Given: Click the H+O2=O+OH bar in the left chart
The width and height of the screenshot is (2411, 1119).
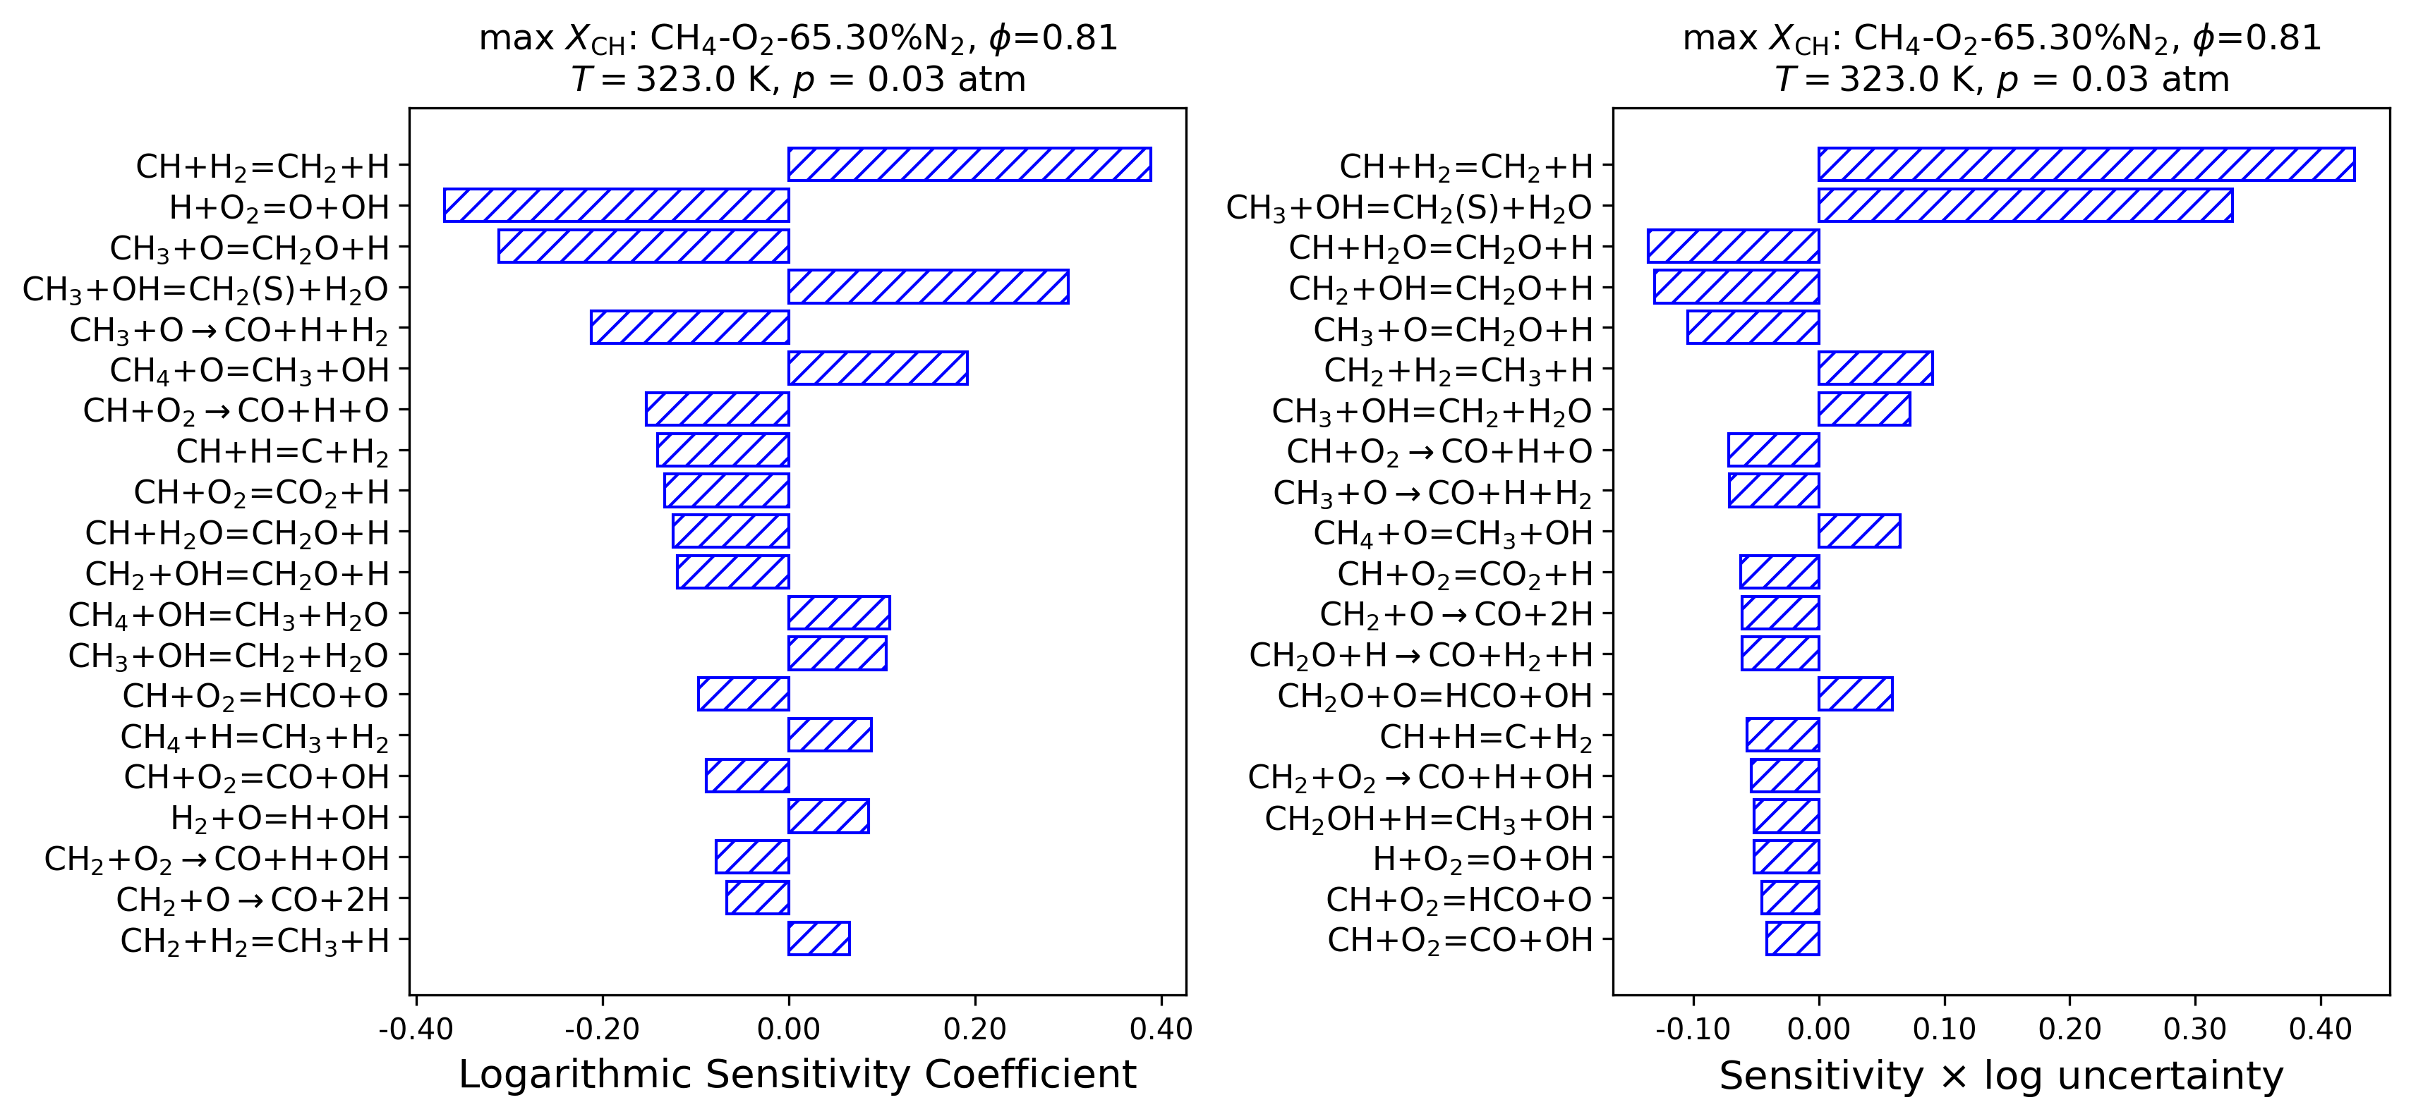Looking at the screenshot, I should click(616, 206).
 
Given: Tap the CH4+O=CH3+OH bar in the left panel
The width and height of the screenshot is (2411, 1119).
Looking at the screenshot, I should click(877, 369).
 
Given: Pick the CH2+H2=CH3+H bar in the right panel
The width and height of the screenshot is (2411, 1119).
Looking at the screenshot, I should click(1875, 369).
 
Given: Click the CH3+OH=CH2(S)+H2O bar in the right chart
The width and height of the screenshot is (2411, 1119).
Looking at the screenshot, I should click(2024, 206).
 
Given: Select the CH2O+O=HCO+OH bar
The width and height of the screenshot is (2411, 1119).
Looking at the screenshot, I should click(1855, 695).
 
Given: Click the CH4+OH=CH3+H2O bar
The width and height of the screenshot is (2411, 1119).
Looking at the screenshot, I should click(839, 613).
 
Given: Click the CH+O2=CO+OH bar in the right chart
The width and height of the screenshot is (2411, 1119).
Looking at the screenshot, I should click(1792, 938).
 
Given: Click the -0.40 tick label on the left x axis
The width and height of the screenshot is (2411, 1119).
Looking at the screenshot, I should click(416, 1029).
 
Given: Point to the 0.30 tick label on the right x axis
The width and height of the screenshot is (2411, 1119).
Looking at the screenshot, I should click(2195, 1029).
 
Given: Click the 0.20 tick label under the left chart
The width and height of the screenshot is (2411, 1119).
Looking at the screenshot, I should click(974, 1029).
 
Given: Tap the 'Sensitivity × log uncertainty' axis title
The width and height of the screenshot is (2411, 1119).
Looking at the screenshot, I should click(2001, 1076).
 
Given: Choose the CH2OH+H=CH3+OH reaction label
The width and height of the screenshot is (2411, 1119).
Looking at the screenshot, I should click(1428, 819).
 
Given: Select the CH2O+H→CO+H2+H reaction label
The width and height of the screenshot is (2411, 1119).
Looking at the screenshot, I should click(1421, 655).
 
